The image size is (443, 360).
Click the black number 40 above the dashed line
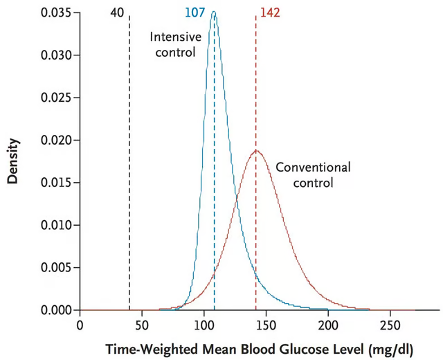click(119, 12)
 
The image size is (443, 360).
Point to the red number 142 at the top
click(270, 12)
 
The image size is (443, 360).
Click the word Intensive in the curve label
click(173, 37)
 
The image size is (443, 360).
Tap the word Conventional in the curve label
click(313, 167)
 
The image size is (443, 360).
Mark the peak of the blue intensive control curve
click(213, 12)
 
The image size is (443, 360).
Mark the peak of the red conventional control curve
click(256, 150)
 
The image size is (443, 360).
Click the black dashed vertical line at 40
click(129, 173)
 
